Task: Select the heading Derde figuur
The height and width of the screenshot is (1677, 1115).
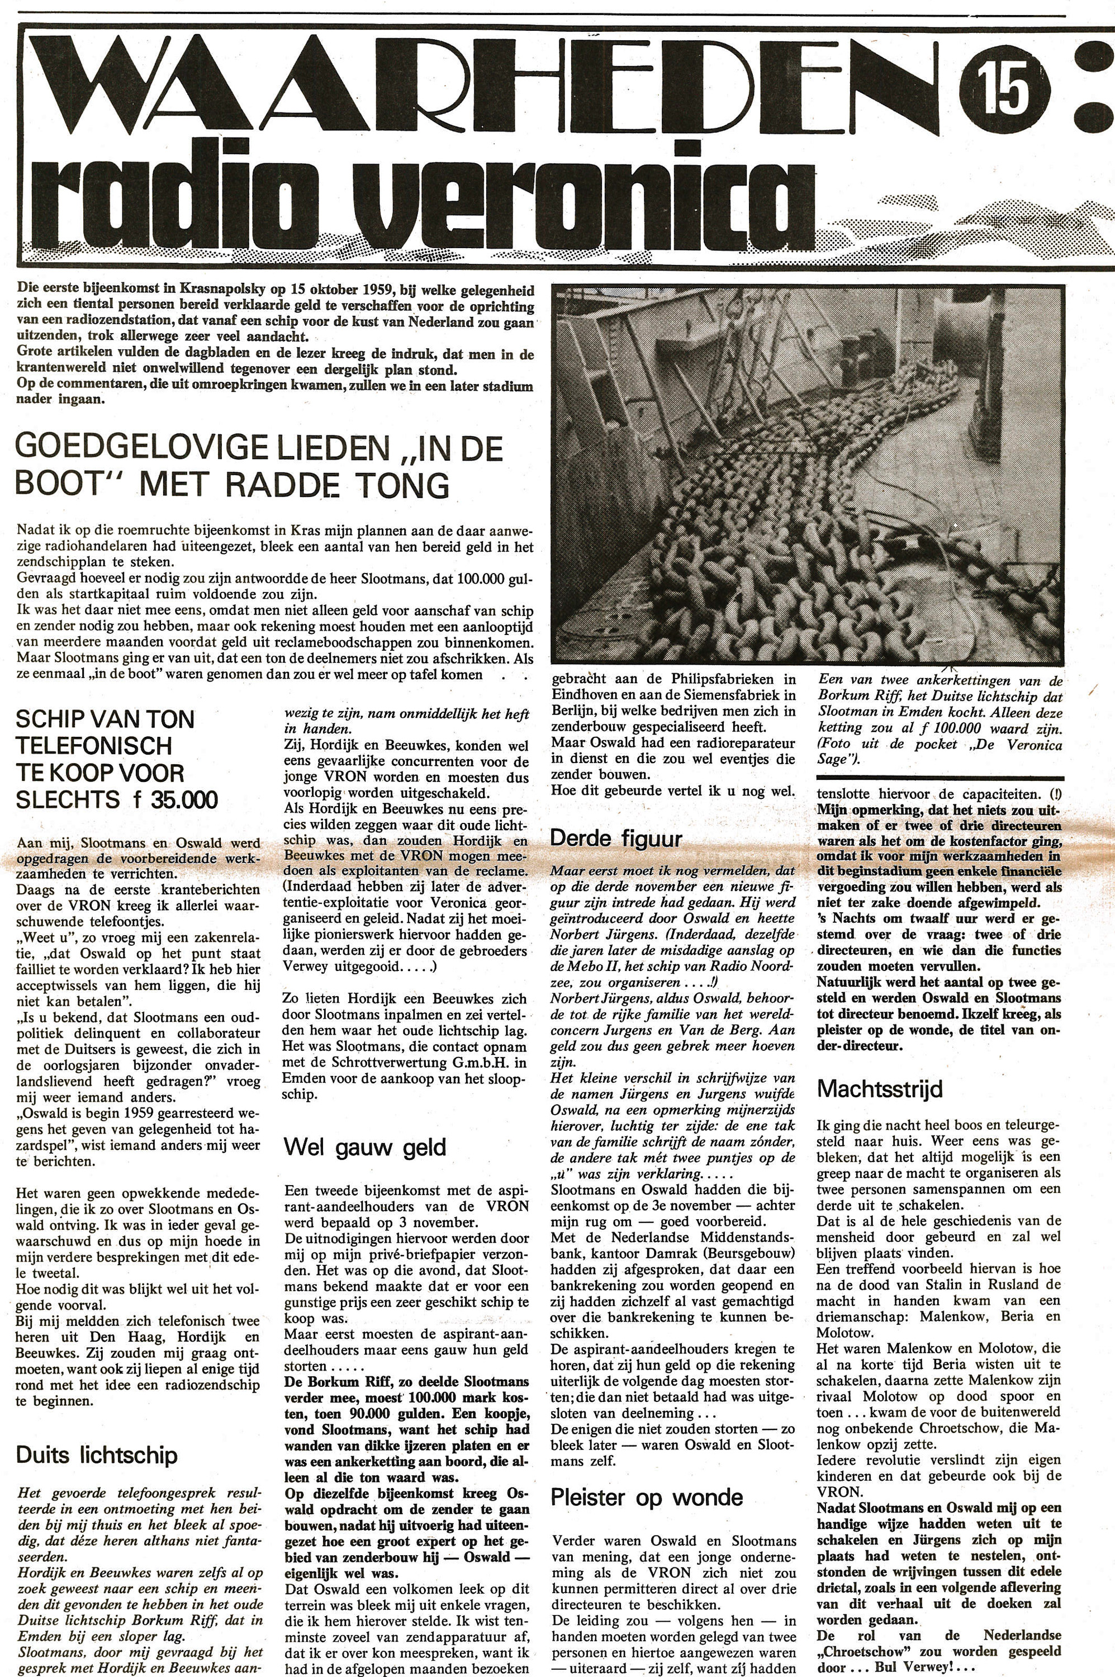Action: click(616, 839)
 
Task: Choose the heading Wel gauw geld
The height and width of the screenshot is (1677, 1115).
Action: click(365, 1147)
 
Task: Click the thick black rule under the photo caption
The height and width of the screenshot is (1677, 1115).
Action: click(940, 779)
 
